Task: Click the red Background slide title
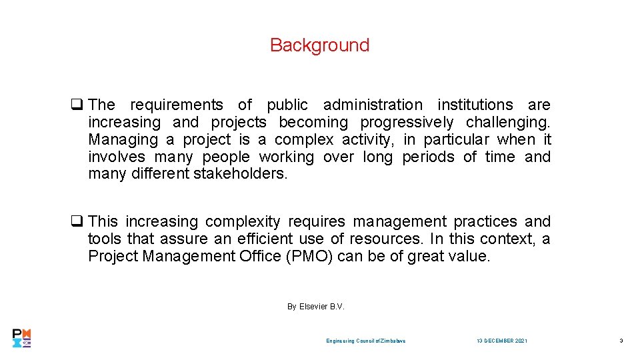[x=319, y=45]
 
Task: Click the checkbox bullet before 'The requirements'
[x=77, y=105]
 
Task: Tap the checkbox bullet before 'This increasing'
[x=77, y=221]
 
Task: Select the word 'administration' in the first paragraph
[x=373, y=105]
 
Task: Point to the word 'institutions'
[x=475, y=105]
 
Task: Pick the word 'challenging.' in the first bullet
[x=509, y=123]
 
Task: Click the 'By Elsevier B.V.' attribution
[x=315, y=307]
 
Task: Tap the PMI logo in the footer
[x=22, y=338]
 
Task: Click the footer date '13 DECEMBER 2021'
[x=502, y=341]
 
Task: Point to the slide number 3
[x=621, y=341]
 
